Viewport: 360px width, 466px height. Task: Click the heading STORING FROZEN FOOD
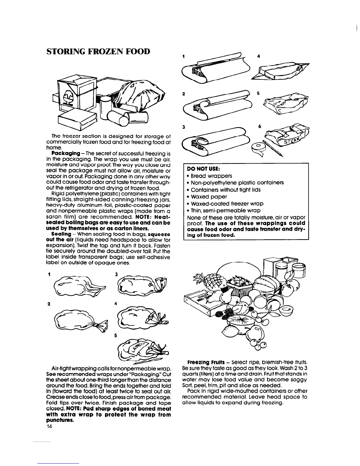pos(98,52)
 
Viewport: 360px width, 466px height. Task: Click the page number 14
pos(49,427)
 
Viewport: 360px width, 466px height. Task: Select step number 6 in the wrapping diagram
pos(259,126)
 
